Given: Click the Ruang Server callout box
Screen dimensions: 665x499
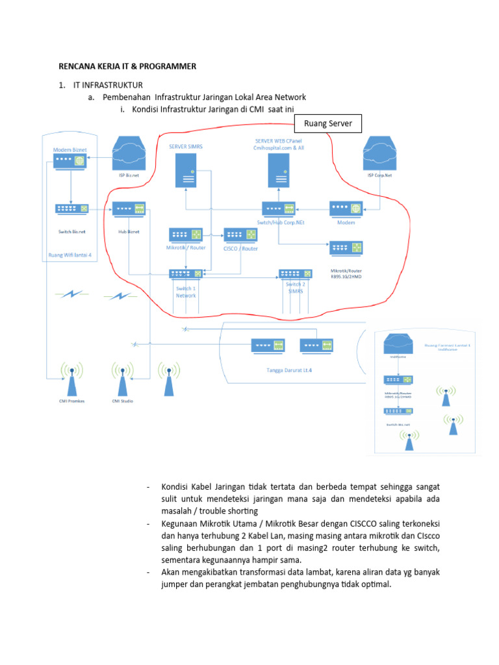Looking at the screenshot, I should tap(327, 123).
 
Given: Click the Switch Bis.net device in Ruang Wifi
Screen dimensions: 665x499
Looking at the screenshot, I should tap(73, 209).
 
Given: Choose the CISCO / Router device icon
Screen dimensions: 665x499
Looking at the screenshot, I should tap(240, 235).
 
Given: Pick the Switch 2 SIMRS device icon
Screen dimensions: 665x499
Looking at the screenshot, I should tap(296, 275).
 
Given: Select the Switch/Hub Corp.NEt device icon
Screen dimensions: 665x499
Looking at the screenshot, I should tap(279, 209).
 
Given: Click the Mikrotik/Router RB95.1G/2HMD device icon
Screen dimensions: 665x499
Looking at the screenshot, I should tap(346, 248).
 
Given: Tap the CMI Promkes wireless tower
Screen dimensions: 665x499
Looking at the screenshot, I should tap(72, 379).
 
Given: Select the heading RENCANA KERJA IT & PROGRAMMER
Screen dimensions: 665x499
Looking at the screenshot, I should tap(127, 66).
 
